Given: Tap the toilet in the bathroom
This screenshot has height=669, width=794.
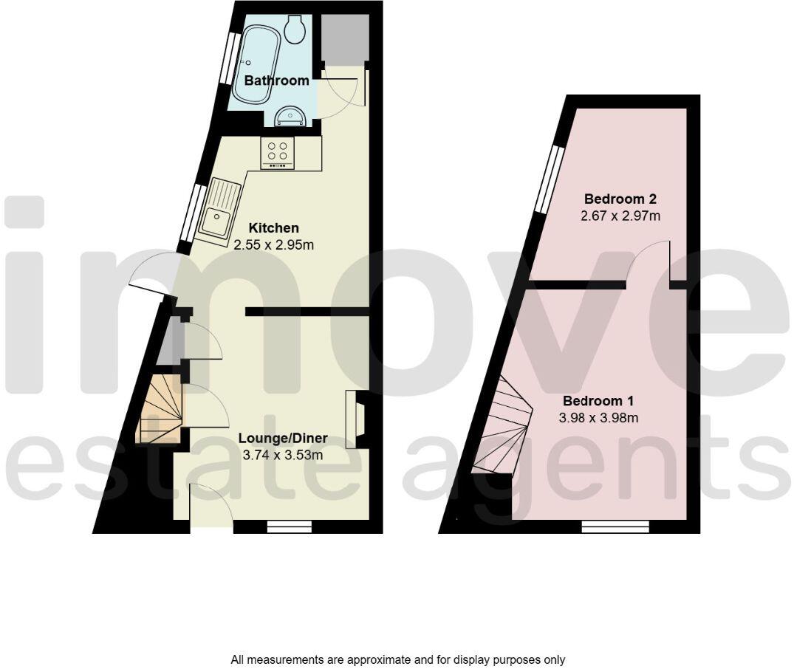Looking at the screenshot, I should click(297, 28).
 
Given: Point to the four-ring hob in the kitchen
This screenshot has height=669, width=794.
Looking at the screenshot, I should click(278, 151).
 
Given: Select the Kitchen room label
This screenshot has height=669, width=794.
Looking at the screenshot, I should click(273, 227).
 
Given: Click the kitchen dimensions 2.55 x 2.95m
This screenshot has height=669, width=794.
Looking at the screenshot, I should click(273, 244).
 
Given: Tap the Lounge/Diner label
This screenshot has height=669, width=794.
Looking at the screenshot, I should click(283, 439).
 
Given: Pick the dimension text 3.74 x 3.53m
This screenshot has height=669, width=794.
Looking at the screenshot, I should click(283, 455).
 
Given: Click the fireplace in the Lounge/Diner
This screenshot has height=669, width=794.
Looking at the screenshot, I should click(355, 419).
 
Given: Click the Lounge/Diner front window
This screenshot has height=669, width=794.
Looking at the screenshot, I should click(289, 526).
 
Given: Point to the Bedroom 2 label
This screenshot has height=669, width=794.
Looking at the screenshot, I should click(620, 199).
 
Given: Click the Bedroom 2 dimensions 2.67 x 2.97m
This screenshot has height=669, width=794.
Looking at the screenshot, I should click(620, 216).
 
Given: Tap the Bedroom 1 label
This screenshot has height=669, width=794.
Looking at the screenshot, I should click(599, 401).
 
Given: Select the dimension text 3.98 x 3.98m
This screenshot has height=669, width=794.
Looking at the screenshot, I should click(599, 418).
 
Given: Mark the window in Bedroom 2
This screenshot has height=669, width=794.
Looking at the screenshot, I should click(549, 177).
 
